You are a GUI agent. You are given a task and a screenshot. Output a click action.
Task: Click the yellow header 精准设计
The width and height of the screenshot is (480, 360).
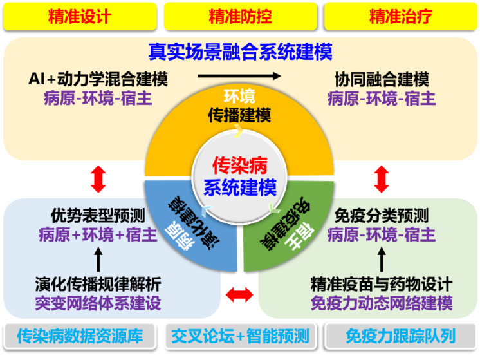point(79,17)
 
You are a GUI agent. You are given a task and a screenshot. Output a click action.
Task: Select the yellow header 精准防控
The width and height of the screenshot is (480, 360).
point(240,17)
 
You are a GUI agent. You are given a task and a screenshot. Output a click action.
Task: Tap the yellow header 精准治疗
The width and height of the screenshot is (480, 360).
point(400,17)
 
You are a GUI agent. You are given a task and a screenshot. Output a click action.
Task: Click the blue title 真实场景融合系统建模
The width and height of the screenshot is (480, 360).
point(240,51)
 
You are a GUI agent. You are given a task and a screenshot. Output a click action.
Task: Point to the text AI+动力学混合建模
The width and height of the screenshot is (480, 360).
point(98,79)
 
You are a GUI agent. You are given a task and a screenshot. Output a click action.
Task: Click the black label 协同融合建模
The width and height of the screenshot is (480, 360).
point(382,80)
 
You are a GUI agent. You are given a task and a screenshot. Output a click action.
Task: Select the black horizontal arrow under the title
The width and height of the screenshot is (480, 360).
point(239,76)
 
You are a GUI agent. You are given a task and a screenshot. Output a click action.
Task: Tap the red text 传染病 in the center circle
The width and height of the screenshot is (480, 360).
point(240,166)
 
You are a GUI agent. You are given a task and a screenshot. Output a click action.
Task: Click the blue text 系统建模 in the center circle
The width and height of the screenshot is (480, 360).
point(240,187)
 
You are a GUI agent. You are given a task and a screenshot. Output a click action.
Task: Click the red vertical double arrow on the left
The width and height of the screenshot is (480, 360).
point(98,179)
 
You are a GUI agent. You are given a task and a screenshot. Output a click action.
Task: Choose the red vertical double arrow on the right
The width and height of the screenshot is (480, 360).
point(382,179)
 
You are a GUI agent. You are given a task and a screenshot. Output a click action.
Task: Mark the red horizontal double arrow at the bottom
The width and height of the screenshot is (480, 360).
point(240,296)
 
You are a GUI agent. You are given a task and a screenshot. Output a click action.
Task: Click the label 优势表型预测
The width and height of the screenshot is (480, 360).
point(98,215)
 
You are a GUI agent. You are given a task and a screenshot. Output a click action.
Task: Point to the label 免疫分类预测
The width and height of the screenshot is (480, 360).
point(382,215)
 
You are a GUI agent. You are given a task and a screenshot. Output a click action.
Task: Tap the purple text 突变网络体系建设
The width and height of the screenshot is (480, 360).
point(98,302)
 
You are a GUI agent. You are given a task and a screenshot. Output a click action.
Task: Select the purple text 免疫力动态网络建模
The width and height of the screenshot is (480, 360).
point(382,302)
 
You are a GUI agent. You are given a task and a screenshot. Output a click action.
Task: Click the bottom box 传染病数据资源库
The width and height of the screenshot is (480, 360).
point(80,336)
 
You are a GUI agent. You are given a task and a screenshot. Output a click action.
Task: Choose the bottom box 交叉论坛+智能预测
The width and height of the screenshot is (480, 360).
point(240,336)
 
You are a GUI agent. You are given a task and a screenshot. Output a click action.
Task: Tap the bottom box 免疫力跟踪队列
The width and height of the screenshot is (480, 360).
point(400,336)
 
